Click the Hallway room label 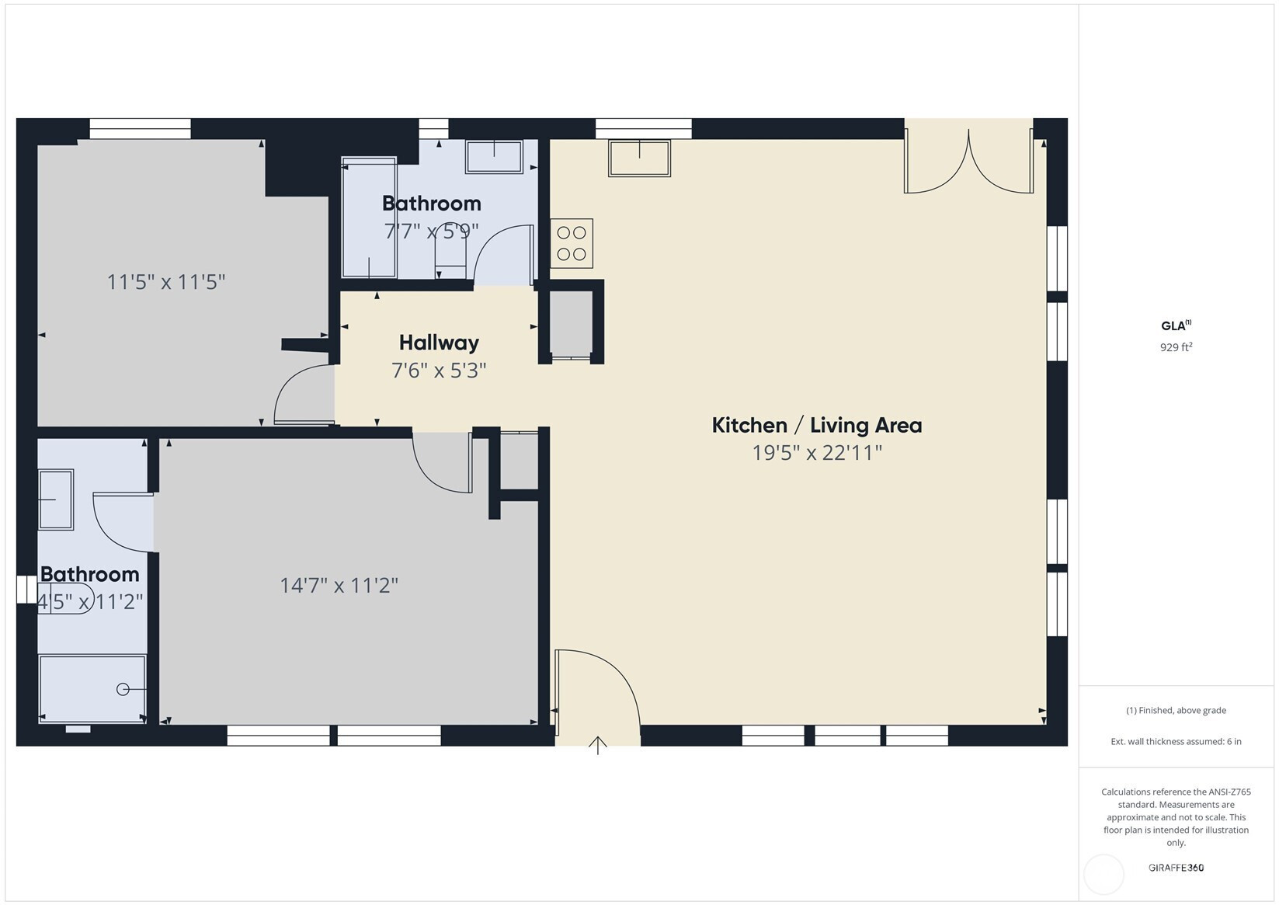[x=439, y=343]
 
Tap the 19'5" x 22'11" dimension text [x=816, y=452]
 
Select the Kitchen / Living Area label [x=816, y=425]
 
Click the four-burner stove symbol [x=572, y=243]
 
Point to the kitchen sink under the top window [x=639, y=158]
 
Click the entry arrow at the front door [x=597, y=745]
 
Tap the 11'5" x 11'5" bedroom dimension [x=166, y=282]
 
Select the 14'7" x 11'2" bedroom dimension [x=339, y=585]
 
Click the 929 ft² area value [x=1176, y=346]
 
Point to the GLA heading [x=1176, y=325]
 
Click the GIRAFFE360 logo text [x=1176, y=867]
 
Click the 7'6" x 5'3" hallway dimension [x=439, y=371]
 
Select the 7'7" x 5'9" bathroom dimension [x=431, y=231]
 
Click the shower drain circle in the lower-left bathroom [x=122, y=689]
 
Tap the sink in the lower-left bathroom [x=55, y=499]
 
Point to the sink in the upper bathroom [x=494, y=156]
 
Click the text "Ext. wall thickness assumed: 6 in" [x=1176, y=741]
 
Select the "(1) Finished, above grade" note [x=1176, y=710]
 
